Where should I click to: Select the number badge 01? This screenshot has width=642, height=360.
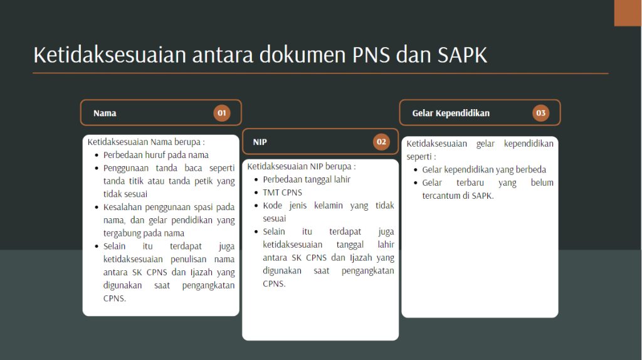coord(221,113)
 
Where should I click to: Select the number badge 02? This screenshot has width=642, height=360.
coord(381,142)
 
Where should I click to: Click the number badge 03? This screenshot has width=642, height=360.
coord(540,113)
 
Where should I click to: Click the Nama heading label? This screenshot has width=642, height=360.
coord(105,114)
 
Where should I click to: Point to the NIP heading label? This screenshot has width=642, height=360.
coord(260,142)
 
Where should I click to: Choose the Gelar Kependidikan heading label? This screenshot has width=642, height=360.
coord(451,114)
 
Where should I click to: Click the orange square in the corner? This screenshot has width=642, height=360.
coord(628,13)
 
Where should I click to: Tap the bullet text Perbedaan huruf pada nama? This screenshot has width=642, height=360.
coord(156,155)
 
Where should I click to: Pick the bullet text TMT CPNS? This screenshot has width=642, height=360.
coord(282,193)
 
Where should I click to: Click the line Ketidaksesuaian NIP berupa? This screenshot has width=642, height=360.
coord(301,167)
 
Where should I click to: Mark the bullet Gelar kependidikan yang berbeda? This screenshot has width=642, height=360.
coord(484,169)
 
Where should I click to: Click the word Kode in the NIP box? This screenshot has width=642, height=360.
coord(273,206)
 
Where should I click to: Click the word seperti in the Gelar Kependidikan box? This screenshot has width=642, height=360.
coord(419,156)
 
